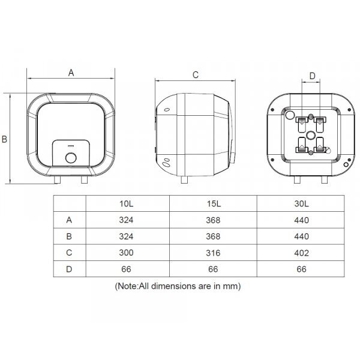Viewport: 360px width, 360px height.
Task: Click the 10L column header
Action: point(126,203)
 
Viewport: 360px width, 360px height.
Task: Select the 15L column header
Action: point(214,203)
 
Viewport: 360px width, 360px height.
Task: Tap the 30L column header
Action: point(301,203)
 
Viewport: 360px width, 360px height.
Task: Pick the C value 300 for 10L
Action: point(126,253)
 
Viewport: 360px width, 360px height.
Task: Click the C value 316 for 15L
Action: point(213,253)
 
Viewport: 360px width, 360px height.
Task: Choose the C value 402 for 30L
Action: point(301,253)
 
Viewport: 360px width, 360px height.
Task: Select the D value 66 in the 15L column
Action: point(213,269)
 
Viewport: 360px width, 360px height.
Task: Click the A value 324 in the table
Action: point(126,220)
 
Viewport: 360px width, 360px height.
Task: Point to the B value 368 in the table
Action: point(213,236)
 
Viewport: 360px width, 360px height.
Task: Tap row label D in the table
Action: point(69,269)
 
